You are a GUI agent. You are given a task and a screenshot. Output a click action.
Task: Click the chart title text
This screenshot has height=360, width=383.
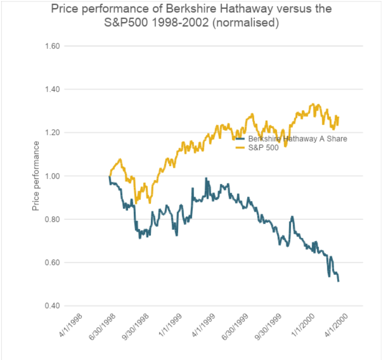click(x=191, y=16)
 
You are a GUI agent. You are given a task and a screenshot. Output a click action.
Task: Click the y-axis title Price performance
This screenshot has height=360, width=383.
click(x=36, y=176)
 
